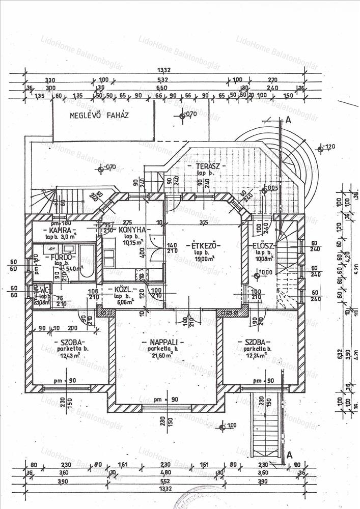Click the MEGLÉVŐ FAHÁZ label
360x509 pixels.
(x=99, y=115)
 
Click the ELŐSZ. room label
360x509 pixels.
(x=264, y=246)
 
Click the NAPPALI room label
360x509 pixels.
(x=163, y=342)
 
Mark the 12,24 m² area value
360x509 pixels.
(x=257, y=355)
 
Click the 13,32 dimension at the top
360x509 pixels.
(x=163, y=70)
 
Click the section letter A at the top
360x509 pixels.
(x=288, y=120)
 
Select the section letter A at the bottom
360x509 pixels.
(x=289, y=455)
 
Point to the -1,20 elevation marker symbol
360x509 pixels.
(x=320, y=149)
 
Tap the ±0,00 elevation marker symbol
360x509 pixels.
(x=257, y=276)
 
